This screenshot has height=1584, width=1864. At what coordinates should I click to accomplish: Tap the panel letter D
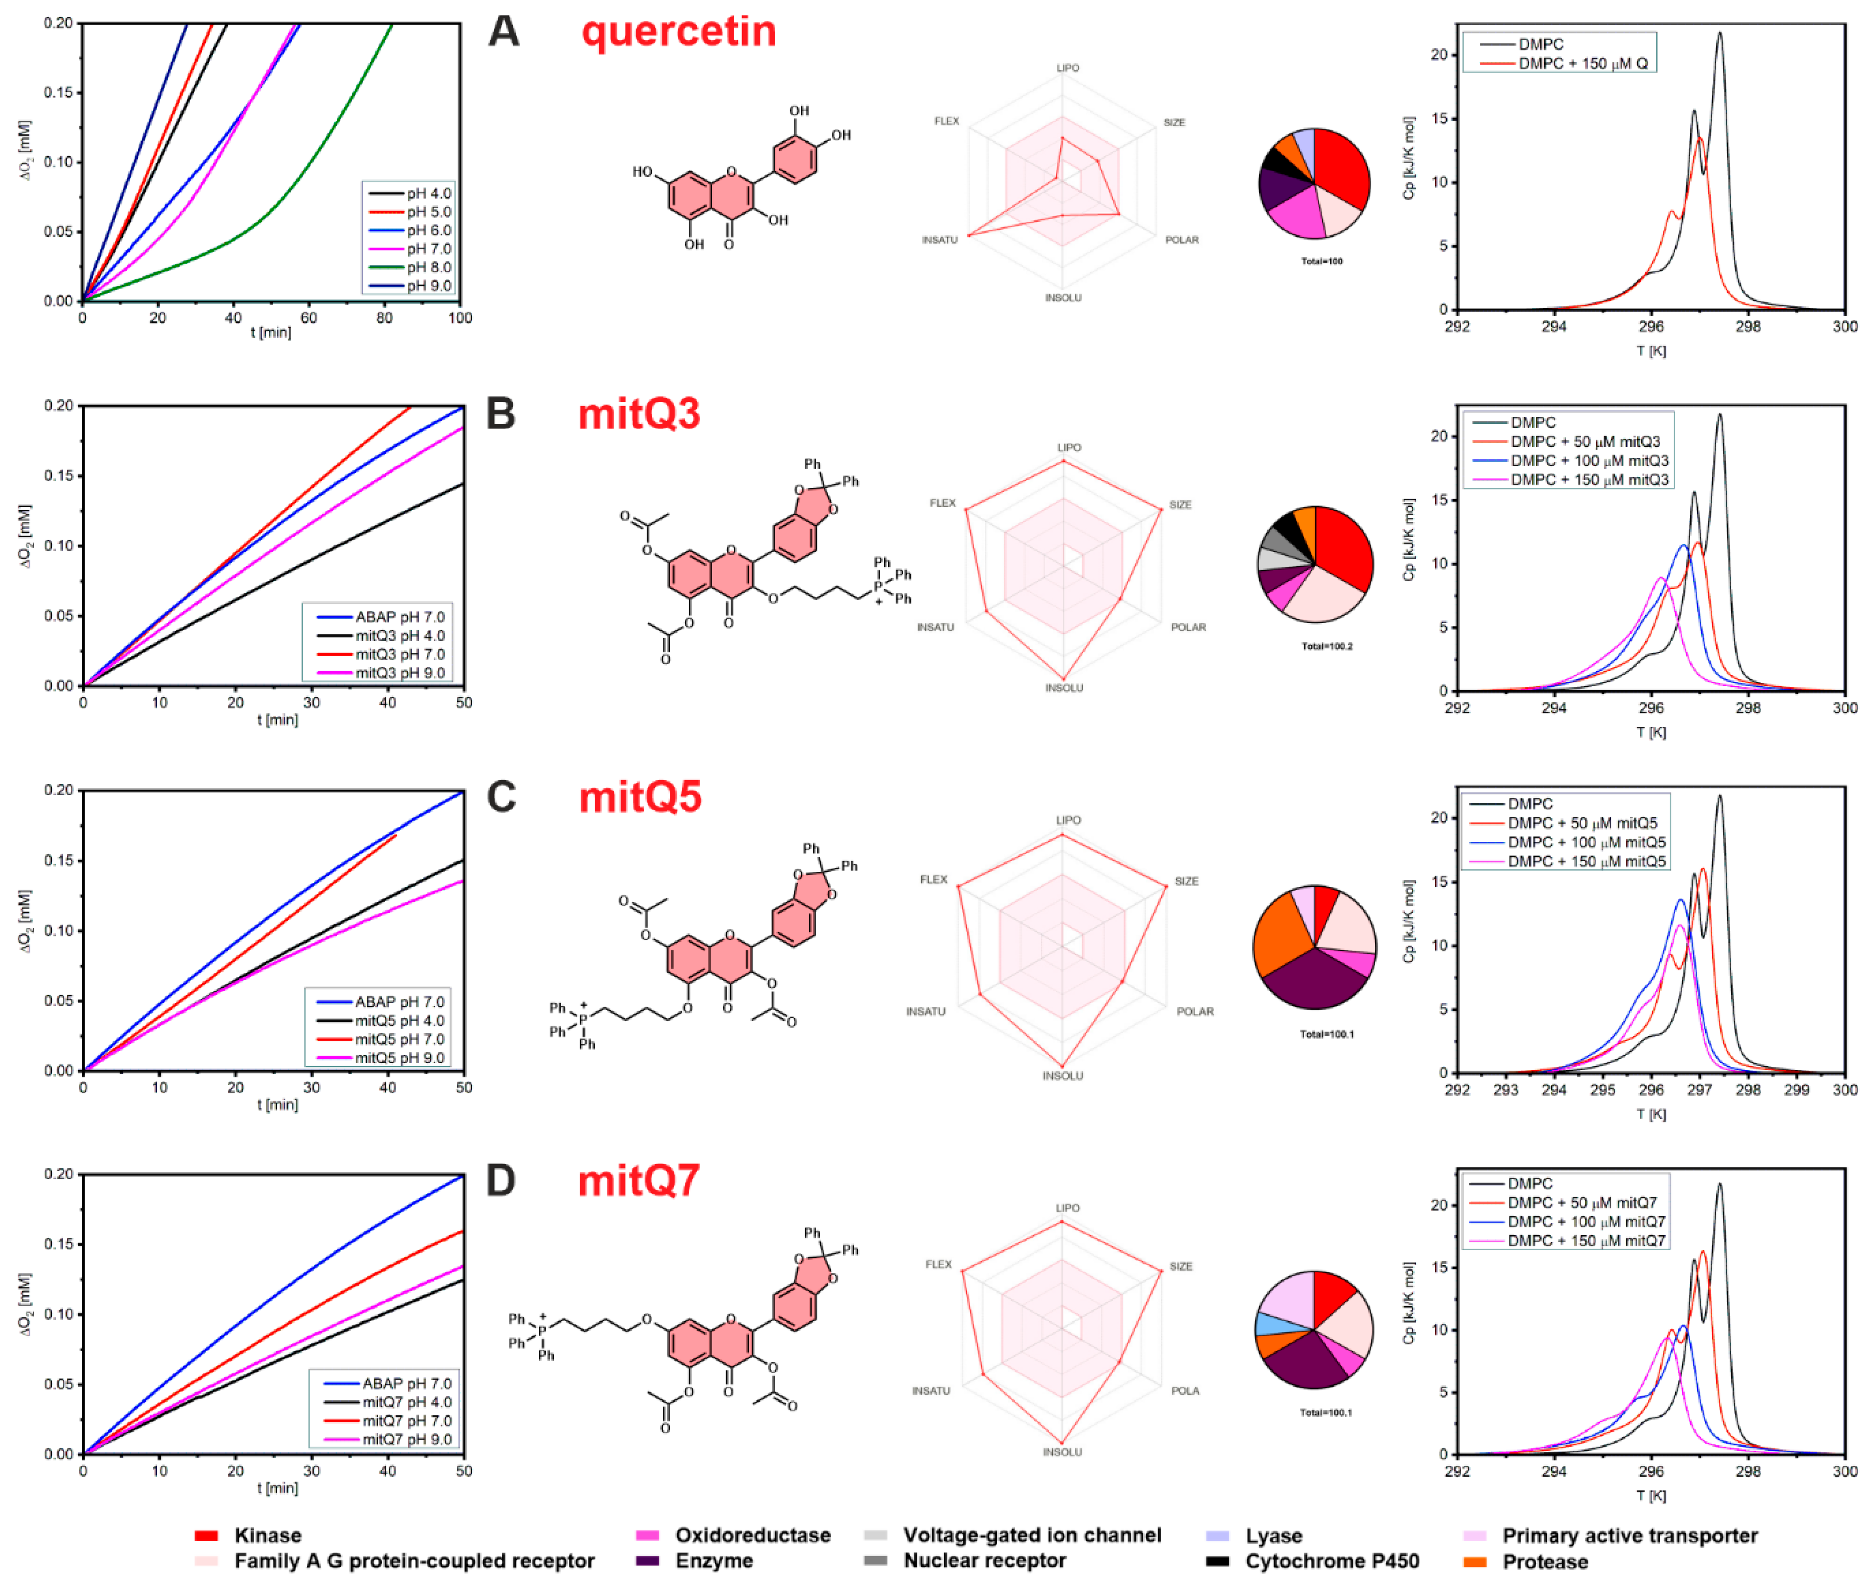501,1180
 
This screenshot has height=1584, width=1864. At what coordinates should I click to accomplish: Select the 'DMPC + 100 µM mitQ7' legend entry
1586,1221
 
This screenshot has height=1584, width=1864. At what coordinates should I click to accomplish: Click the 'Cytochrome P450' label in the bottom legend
1332,1560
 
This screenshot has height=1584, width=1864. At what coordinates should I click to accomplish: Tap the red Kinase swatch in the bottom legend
206,1536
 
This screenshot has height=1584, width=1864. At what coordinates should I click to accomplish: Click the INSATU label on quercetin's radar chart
939,240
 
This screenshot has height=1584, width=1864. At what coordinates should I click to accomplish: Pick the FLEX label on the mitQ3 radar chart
942,503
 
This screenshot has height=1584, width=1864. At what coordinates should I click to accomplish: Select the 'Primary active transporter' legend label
1629,1536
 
